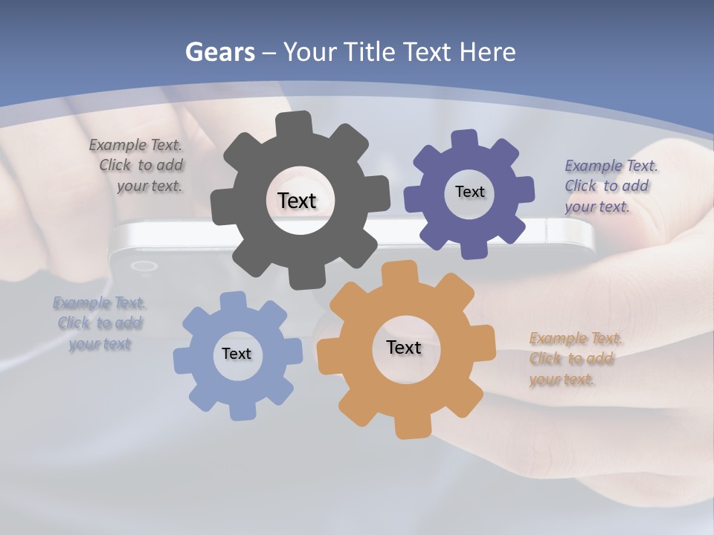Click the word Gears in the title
coord(219,52)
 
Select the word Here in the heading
coord(488,52)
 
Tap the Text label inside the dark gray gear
coord(297,201)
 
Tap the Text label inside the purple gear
coord(469,192)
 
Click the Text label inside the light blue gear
coord(237,354)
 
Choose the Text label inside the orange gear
coord(404,347)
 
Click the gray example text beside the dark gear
coord(138,166)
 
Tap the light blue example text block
coord(100,323)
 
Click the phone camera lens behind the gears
coord(143,266)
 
